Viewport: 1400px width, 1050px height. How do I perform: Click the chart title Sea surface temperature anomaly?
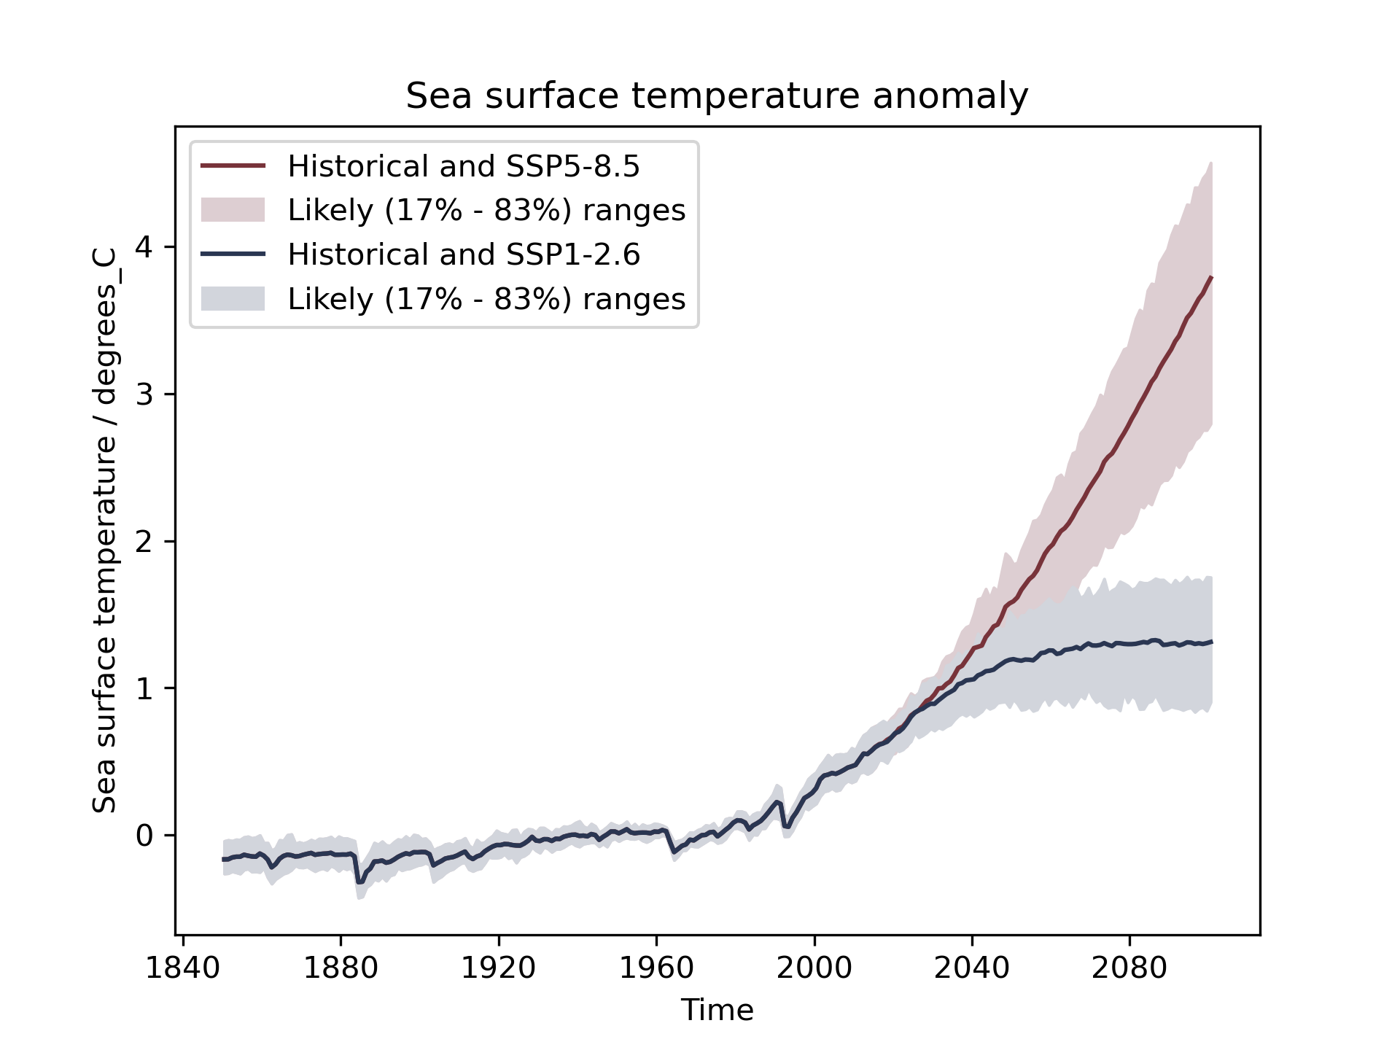coord(717,96)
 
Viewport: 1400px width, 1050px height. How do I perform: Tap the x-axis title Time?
coord(717,1011)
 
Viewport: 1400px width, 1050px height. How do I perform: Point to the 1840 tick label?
coord(183,968)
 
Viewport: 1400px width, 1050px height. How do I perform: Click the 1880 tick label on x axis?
coord(341,968)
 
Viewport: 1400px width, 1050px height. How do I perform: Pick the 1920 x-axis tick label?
coord(499,968)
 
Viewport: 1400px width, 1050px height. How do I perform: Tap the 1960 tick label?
coord(656,968)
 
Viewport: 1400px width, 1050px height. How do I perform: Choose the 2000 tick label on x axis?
coord(814,968)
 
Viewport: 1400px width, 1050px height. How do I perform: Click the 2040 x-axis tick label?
coord(972,968)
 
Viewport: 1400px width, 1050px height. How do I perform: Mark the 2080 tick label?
coord(1129,968)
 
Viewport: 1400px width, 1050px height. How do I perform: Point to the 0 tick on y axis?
coord(144,836)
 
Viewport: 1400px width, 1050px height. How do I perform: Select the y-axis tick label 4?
coord(144,247)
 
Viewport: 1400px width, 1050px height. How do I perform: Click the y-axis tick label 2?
coord(144,541)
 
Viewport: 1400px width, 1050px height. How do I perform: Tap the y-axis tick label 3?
coord(144,394)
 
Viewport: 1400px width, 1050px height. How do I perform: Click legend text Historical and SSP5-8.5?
coord(464,166)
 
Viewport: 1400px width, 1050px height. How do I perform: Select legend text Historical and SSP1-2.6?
coord(464,254)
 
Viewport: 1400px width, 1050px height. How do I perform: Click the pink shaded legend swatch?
coord(233,210)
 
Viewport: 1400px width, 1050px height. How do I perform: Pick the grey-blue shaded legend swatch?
coord(233,299)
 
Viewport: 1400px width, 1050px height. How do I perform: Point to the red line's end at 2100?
coord(1211,277)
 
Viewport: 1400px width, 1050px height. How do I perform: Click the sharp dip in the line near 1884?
coord(359,882)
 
